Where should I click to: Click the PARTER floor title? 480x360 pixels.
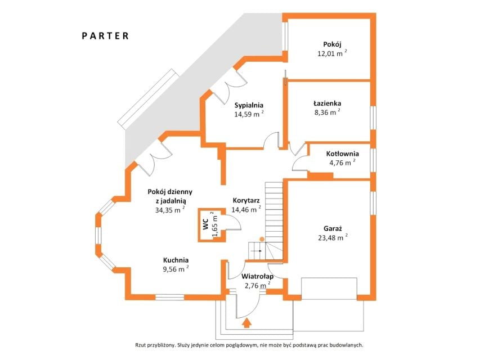pyautogui.click(x=105, y=36)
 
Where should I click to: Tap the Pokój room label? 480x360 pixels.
pyautogui.click(x=332, y=44)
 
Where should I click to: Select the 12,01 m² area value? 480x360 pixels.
pyautogui.click(x=332, y=53)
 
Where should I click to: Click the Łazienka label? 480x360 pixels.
pyautogui.click(x=328, y=103)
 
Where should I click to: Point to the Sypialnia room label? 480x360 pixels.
pyautogui.click(x=249, y=105)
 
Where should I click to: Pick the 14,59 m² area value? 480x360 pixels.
pyautogui.click(x=249, y=114)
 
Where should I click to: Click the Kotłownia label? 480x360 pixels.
pyautogui.click(x=342, y=154)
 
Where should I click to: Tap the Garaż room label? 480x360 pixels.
pyautogui.click(x=333, y=228)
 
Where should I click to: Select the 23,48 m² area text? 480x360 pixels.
pyautogui.click(x=333, y=237)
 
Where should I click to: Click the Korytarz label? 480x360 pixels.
pyautogui.click(x=246, y=201)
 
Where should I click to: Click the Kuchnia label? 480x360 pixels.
pyautogui.click(x=176, y=260)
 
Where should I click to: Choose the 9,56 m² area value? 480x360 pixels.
pyautogui.click(x=176, y=269)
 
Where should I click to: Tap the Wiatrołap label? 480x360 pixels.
pyautogui.click(x=258, y=277)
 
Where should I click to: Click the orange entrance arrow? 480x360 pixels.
pyautogui.click(x=246, y=323)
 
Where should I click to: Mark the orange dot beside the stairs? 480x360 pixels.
pyautogui.click(x=262, y=238)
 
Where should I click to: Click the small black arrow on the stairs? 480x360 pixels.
pyautogui.click(x=256, y=251)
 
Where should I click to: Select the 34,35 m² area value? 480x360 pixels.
pyautogui.click(x=170, y=210)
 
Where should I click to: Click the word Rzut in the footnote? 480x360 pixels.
pyautogui.click(x=141, y=345)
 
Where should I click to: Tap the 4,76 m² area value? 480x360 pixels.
pyautogui.click(x=342, y=163)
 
